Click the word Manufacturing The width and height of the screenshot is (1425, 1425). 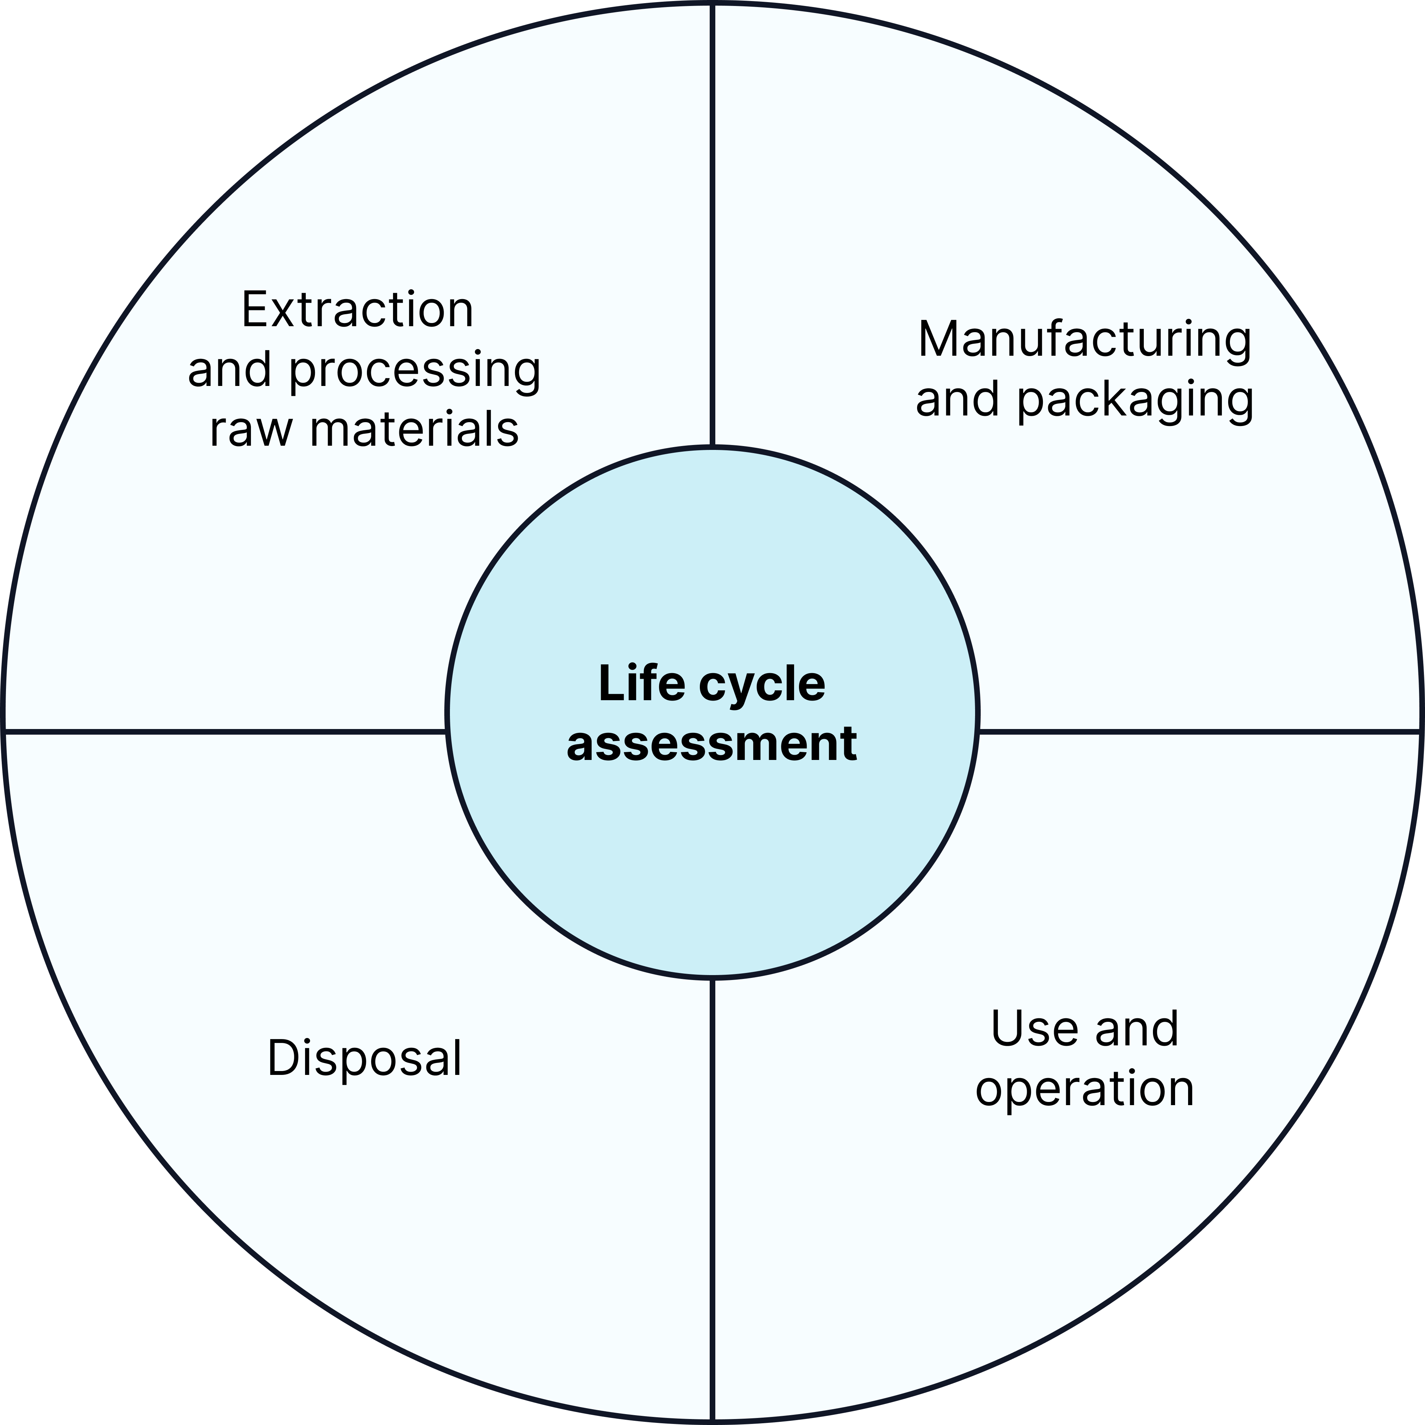pos(1084,340)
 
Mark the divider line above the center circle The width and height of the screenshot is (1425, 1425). pos(712,221)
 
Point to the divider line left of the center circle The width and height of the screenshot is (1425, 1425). pos(221,732)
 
